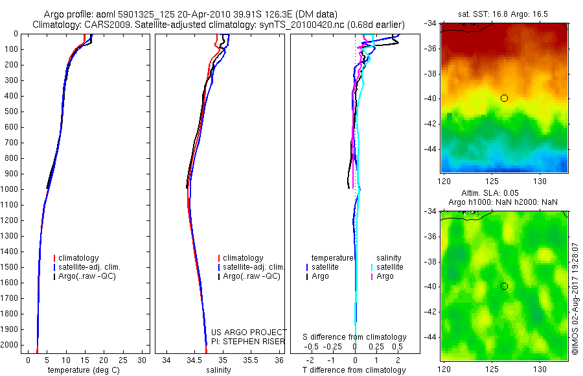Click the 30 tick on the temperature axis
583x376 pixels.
[141, 360]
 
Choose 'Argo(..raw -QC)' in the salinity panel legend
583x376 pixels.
[251, 276]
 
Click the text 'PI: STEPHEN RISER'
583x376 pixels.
[249, 342]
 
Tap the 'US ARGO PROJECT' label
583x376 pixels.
[249, 333]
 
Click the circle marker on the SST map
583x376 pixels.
[504, 98]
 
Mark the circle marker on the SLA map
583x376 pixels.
[504, 286]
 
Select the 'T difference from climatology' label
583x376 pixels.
[354, 370]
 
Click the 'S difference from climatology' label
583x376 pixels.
[354, 337]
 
